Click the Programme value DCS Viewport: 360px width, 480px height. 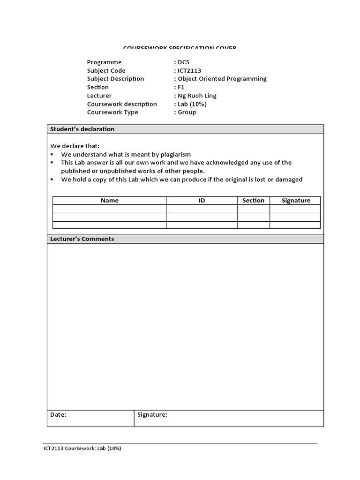(183, 62)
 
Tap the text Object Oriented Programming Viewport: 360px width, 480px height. (222, 79)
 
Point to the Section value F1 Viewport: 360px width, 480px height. (181, 87)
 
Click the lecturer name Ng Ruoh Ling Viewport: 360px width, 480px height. (197, 96)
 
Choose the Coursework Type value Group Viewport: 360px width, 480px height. (187, 112)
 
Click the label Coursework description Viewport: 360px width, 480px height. (122, 104)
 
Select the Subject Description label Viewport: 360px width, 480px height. (115, 79)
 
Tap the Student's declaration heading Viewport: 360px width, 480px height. (82, 129)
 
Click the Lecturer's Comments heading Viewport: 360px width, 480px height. (82, 239)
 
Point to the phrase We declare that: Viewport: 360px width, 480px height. (75, 146)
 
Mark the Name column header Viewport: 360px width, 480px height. (110, 201)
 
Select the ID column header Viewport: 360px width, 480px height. (202, 201)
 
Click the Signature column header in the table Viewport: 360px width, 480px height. (296, 201)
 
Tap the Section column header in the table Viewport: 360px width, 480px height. (253, 201)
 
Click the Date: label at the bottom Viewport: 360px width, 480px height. (58, 415)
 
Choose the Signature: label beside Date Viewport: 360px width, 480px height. (152, 415)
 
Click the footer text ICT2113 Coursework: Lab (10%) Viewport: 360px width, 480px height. (82, 449)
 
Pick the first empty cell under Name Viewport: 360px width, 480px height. (110, 209)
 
